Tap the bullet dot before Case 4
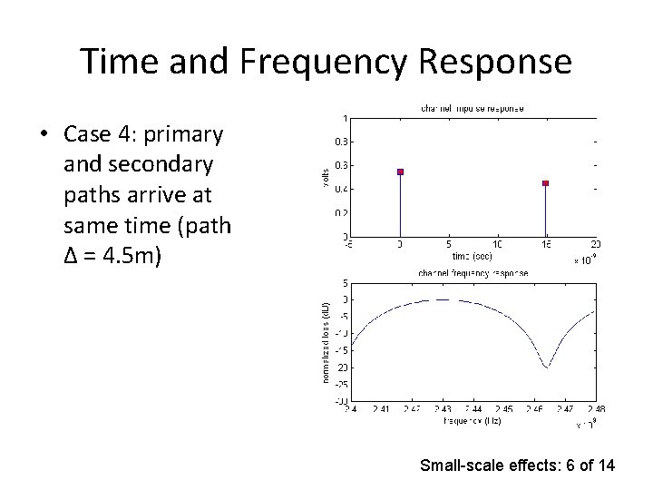pyautogui.click(x=44, y=135)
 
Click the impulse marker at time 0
pyautogui.click(x=400, y=171)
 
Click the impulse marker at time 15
pyautogui.click(x=545, y=183)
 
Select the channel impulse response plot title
pyautogui.click(x=472, y=108)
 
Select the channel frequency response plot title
pyautogui.click(x=473, y=272)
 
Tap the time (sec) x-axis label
pyautogui.click(x=473, y=256)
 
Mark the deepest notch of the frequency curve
pyautogui.click(x=545, y=367)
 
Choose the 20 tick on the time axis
pyautogui.click(x=595, y=244)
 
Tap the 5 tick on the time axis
pyautogui.click(x=449, y=244)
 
